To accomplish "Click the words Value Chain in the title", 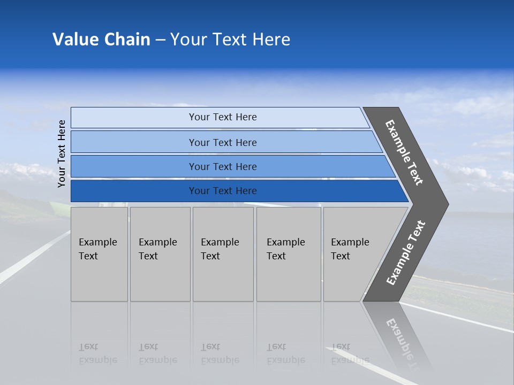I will point(101,40).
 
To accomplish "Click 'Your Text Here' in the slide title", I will point(230,40).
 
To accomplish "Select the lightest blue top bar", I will point(134,118).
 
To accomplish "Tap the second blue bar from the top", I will point(134,142).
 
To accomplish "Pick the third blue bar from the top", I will point(134,167).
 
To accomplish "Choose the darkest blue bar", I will point(134,191).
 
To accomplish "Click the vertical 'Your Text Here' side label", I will point(62,154).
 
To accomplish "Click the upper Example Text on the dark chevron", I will point(404,152).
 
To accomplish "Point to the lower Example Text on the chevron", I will point(406,253).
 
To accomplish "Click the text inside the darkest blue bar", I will point(223,191).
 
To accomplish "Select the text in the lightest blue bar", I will point(223,117).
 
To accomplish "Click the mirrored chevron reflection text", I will point(404,340).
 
